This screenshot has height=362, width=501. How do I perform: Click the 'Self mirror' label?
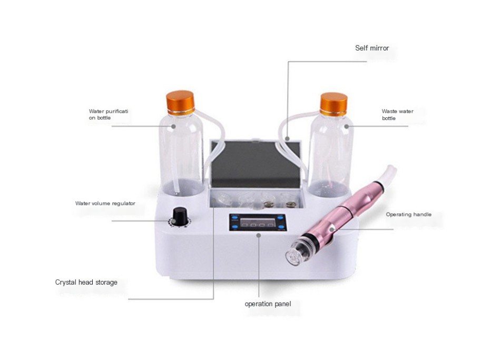tap(372, 48)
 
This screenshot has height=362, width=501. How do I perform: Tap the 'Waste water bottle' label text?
tap(397, 115)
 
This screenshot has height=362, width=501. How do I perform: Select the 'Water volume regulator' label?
tap(105, 203)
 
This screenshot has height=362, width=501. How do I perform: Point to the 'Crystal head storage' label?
tap(86, 283)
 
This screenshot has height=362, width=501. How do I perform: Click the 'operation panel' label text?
tap(268, 304)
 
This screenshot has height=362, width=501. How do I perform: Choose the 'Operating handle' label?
tap(408, 215)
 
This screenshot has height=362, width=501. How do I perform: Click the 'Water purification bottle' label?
tap(109, 115)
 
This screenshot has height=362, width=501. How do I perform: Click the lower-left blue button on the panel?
tap(232, 228)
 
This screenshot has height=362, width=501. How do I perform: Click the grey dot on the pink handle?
tap(331, 229)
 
